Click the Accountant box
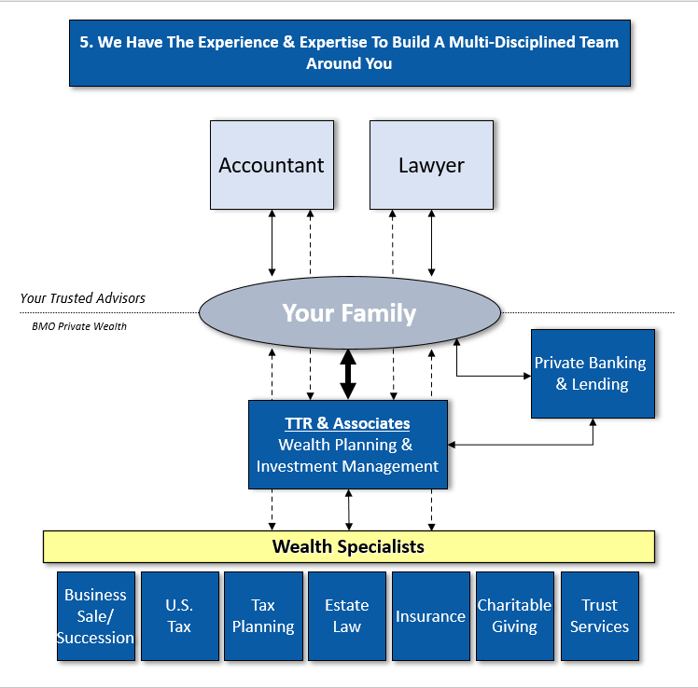271,165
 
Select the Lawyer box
431,165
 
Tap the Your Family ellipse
349,313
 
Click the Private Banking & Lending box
593,373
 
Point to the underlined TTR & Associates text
347,423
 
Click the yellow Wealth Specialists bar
348,546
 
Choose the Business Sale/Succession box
95,616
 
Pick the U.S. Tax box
179,616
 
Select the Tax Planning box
263,616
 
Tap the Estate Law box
347,616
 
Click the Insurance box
430,616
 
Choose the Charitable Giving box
514,616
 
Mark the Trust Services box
599,616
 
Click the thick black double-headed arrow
348,374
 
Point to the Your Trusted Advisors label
83,298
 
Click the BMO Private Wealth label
79,326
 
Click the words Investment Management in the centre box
347,466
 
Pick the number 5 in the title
84,42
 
